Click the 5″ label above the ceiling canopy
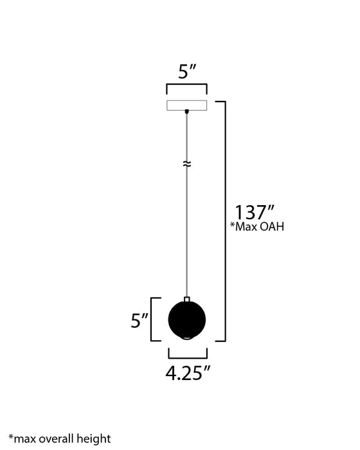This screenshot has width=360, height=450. (x=186, y=72)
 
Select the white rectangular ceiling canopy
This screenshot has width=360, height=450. (x=186, y=105)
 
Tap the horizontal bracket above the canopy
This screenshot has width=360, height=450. (x=186, y=85)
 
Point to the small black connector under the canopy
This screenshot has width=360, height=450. (x=186, y=112)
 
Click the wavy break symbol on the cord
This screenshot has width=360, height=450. (x=186, y=164)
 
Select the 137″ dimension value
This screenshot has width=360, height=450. (x=255, y=212)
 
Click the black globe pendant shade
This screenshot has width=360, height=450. (x=186, y=319)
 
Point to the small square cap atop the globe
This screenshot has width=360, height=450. (x=186, y=299)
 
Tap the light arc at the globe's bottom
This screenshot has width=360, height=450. (x=186, y=337)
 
